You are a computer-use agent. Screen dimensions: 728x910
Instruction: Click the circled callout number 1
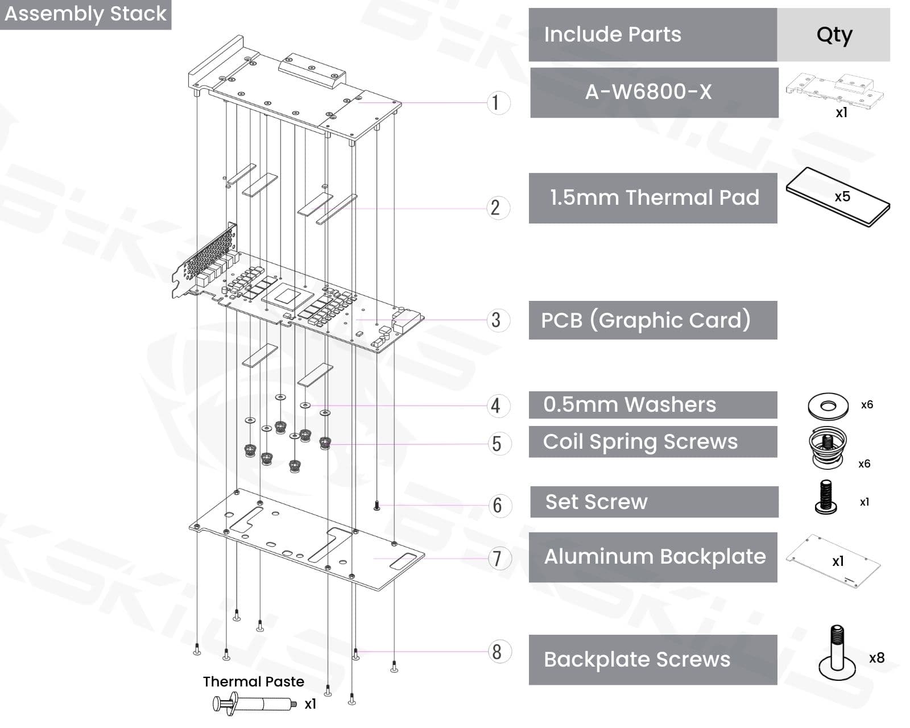tap(497, 103)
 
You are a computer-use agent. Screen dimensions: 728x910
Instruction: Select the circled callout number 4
tap(497, 406)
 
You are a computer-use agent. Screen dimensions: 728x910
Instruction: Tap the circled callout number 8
tap(497, 652)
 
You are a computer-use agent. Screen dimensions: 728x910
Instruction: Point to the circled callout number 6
tap(497, 505)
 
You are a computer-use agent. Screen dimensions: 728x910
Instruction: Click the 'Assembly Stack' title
tap(85, 14)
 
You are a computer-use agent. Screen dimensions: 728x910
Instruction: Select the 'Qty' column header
tap(834, 35)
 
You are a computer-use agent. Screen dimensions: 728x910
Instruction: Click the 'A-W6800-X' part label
tap(648, 92)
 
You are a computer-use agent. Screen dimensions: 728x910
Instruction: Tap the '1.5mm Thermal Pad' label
tap(654, 197)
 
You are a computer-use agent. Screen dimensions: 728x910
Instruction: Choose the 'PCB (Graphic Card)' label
tap(646, 320)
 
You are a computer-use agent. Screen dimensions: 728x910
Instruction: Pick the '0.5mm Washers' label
tap(630, 404)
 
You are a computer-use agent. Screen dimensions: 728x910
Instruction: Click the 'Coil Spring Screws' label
tap(640, 441)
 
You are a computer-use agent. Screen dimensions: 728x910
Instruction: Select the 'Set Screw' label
tap(596, 502)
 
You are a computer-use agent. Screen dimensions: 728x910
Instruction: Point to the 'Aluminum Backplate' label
tap(655, 556)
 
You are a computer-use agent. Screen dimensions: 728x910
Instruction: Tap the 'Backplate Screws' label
tap(636, 659)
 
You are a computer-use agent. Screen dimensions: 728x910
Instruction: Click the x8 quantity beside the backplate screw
tap(876, 658)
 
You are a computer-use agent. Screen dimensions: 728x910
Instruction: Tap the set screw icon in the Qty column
tap(826, 497)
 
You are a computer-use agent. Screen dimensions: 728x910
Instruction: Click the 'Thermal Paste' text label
tap(254, 681)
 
